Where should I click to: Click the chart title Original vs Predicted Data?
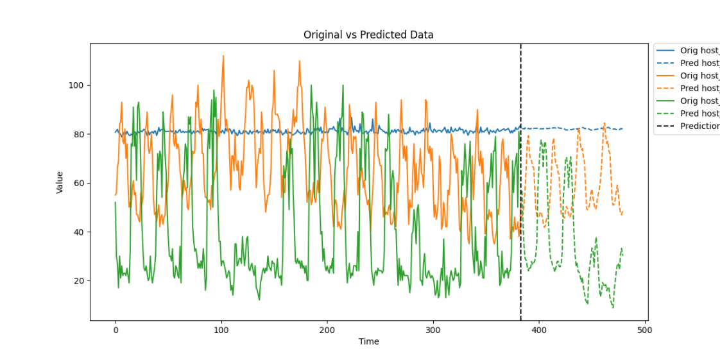[368, 35]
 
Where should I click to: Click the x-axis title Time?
[368, 341]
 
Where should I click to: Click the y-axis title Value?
[60, 182]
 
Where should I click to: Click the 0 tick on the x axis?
[116, 329]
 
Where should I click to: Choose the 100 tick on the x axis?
[221, 329]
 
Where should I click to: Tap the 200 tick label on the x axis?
[327, 329]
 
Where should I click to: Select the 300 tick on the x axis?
[433, 329]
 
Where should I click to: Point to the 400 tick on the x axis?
[539, 329]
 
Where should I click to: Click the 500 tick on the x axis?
[644, 329]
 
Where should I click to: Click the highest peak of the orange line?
[223, 56]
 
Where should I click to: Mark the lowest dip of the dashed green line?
[613, 307]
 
